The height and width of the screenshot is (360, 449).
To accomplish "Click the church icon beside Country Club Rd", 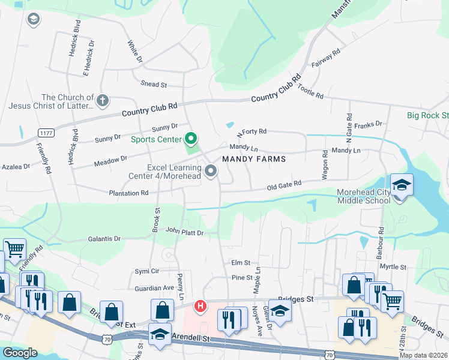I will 103,101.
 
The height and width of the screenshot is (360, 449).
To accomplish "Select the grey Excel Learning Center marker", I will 211,172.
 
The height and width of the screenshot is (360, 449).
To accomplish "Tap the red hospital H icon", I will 200,307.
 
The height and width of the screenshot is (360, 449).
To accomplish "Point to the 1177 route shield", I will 46,132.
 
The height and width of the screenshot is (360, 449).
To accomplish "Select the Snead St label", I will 153,85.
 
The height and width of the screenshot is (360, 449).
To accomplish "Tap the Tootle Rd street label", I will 310,92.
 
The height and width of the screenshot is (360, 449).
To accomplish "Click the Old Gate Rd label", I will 284,186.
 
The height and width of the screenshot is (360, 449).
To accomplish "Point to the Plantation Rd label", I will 128,193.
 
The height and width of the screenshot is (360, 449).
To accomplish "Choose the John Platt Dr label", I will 185,232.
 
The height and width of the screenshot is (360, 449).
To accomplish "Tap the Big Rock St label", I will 427,115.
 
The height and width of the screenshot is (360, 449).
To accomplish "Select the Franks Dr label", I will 368,125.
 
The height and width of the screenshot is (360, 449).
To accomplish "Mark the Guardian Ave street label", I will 154,288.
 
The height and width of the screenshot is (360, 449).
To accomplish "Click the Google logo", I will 20,353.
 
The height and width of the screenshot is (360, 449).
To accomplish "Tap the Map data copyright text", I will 423,355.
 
